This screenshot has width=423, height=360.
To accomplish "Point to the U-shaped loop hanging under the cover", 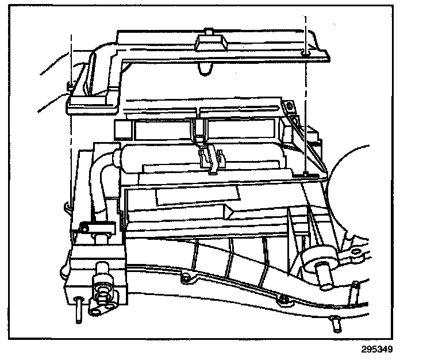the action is click(202, 70).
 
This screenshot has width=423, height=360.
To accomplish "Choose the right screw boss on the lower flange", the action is click(282, 298).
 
